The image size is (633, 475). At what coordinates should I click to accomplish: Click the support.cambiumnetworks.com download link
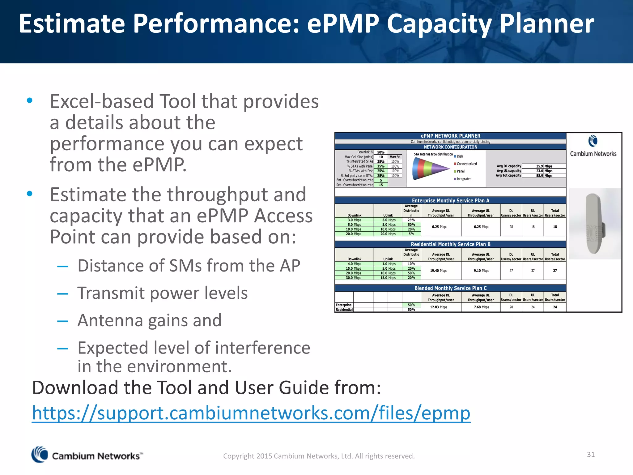pos(251,413)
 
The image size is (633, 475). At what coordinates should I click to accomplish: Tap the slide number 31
pos(591,454)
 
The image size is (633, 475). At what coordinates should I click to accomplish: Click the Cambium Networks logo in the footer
pos(87,455)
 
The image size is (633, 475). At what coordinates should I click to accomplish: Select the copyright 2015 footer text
pos(319,456)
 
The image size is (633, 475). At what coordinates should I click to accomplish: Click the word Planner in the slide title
pos(546,24)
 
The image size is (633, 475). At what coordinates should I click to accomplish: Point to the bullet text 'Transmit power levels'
pos(162,293)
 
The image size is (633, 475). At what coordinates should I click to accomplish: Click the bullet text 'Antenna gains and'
pos(149,320)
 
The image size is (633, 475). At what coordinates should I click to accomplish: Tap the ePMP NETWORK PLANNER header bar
pos(450,136)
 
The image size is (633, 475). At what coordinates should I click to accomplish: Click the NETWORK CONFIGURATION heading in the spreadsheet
pos(450,147)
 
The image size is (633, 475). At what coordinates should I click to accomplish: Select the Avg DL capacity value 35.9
pos(539,166)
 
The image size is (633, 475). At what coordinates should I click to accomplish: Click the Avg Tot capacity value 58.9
pos(539,176)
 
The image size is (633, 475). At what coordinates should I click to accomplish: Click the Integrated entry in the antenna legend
pos(463,179)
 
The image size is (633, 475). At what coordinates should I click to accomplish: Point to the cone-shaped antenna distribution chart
pos(431,169)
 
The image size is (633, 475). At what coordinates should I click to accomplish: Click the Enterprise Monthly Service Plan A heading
pos(450,200)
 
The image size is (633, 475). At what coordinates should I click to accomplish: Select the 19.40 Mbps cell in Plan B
pos(439,271)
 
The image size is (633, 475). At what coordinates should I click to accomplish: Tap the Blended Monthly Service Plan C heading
pos(450,288)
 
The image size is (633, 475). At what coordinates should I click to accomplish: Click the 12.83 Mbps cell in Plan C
pos(439,307)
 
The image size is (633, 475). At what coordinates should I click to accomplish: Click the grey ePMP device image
pos(594,223)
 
